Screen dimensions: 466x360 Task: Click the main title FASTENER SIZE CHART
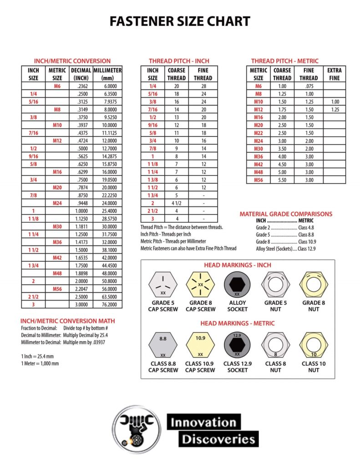(x=180, y=21)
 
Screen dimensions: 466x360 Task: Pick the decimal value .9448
(x=82, y=203)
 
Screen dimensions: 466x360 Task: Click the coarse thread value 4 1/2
(x=176, y=203)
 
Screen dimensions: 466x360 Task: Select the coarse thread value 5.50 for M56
(x=282, y=180)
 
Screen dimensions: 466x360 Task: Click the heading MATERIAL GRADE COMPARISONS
(x=286, y=214)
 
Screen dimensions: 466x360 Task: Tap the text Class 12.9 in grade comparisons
(x=307, y=249)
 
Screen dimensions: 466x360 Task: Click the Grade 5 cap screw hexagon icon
(x=163, y=285)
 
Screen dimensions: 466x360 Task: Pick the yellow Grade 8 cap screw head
(x=200, y=285)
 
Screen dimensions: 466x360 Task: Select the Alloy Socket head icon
(x=237, y=285)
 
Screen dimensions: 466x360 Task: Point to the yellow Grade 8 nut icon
(x=314, y=285)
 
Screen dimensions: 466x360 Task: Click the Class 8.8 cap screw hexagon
(x=163, y=344)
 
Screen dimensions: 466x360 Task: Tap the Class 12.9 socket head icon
(x=237, y=344)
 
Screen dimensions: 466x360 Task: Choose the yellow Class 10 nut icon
(x=314, y=344)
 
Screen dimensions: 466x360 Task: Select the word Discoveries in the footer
(x=218, y=439)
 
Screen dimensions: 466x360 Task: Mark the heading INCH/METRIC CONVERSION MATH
(x=67, y=321)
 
